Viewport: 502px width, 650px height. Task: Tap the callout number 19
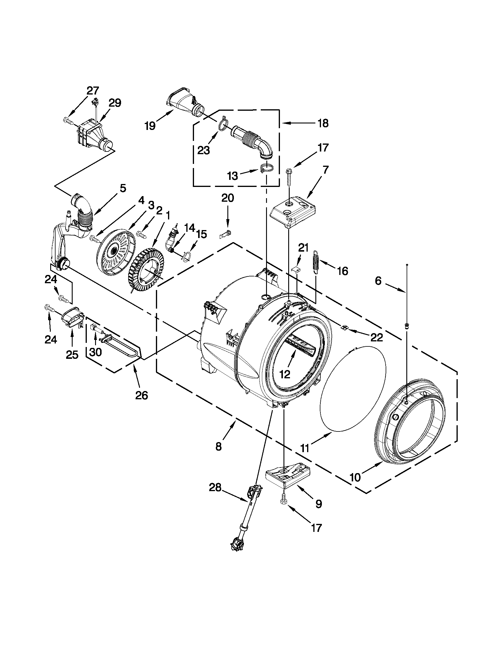pos(150,126)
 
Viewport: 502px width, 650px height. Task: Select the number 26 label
pos(141,395)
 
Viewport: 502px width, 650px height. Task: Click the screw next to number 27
pos(68,121)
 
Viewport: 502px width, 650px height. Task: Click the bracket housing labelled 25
pos(72,317)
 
